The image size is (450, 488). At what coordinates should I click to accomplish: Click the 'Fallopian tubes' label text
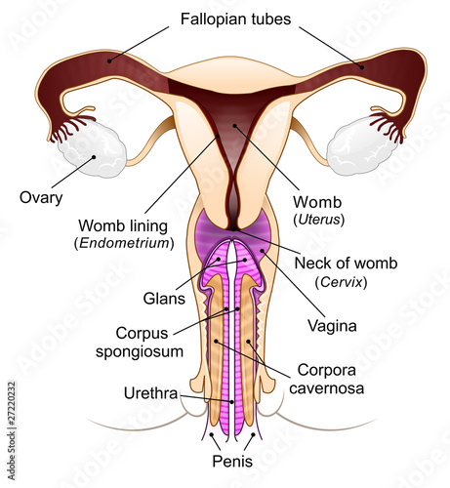point(235,20)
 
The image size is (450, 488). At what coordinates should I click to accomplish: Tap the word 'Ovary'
point(41,198)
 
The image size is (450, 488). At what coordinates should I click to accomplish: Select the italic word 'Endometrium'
point(125,243)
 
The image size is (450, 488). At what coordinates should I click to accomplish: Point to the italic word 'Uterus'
point(319,220)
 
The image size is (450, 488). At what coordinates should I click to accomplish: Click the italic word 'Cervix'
point(341,282)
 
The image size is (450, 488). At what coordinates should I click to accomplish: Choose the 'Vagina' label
point(332,326)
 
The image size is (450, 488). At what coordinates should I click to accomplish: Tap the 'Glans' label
point(164,299)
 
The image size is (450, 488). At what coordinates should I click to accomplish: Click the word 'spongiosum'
point(140,352)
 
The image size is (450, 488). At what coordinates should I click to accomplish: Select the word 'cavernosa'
point(326,388)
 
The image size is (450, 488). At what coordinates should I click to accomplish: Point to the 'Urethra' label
point(150,393)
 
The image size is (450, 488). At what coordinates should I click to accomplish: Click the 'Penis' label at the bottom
point(232,461)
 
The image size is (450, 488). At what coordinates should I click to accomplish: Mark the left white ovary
point(92,149)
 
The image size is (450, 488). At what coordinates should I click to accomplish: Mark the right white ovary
point(361,147)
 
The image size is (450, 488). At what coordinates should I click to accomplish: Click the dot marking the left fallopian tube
point(109,61)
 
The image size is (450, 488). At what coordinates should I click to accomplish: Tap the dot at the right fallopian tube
point(362,67)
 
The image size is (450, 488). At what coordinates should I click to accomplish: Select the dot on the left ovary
point(94,157)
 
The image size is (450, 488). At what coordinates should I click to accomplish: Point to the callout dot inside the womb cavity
point(234,125)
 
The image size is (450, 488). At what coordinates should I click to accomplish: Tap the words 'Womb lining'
point(123,225)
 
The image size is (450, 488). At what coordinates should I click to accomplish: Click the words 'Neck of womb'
point(346,264)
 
